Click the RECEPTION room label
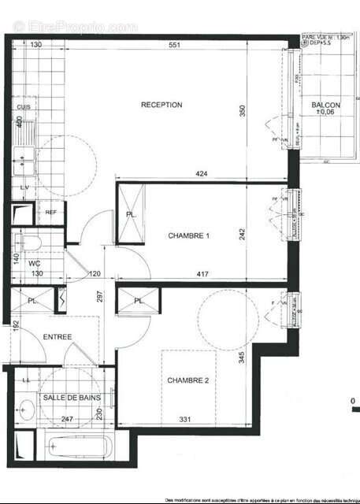pos(161,105)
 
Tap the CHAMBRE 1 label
pos(189,235)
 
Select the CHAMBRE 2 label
pos(187,380)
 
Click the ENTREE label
pos(58,337)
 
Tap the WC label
pos(34,262)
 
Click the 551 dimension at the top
pos(174,46)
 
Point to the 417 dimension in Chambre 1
pos(200,274)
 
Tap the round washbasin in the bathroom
pos(25,409)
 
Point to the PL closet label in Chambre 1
pos(131,214)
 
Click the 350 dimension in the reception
pos(243,110)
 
